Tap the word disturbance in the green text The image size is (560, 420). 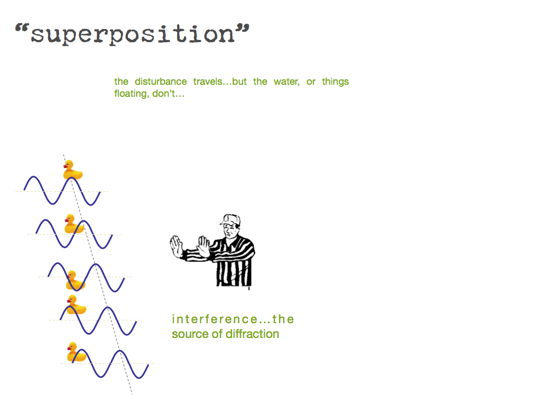click(x=161, y=81)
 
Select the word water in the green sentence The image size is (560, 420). click(x=287, y=82)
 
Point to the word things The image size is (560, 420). click(x=335, y=82)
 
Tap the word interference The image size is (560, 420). click(x=214, y=319)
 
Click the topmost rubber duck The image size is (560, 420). click(x=73, y=170)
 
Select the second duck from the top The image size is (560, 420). click(x=74, y=224)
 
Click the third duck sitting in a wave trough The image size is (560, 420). click(x=75, y=281)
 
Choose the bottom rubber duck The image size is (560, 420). click(x=77, y=352)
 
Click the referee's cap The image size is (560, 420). click(x=230, y=220)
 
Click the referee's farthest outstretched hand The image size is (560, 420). click(x=176, y=247)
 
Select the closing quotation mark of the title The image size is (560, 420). click(x=242, y=30)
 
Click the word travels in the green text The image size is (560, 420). click(x=208, y=82)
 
